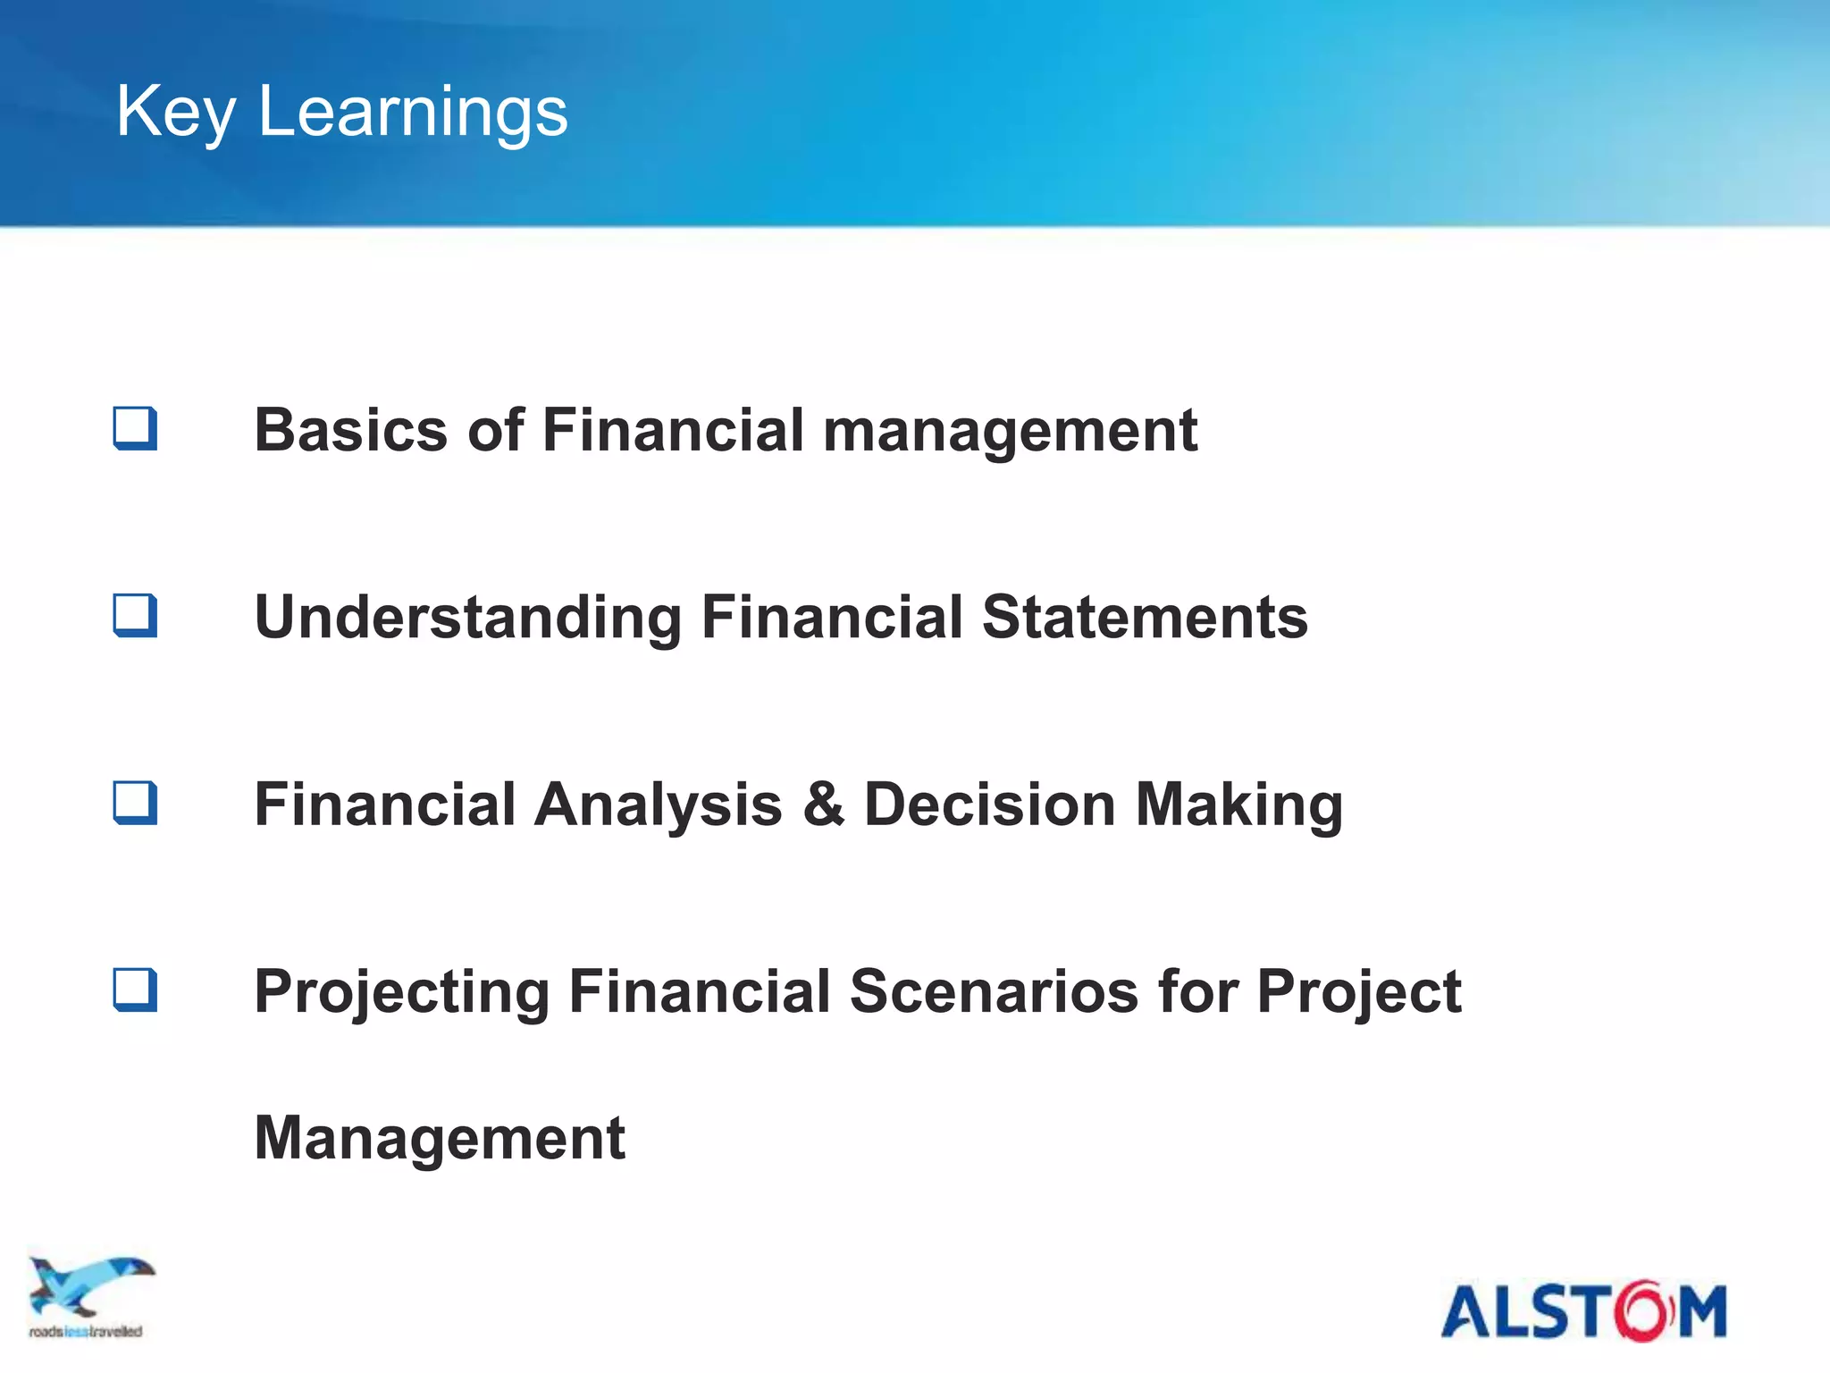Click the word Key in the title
click(x=175, y=112)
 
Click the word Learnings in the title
click(x=412, y=112)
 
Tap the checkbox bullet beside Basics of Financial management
click(x=135, y=428)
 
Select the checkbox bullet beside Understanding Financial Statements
click(x=135, y=615)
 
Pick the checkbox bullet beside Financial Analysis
click(x=135, y=803)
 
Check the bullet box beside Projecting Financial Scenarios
click(x=135, y=990)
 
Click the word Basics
click(x=350, y=430)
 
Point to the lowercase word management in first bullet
click(x=1010, y=432)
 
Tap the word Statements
click(x=1145, y=617)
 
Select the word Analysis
click(x=658, y=804)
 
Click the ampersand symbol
click(x=823, y=804)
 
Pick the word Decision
click(x=990, y=804)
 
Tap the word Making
click(x=1238, y=804)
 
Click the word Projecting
click(x=401, y=992)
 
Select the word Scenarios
click(x=994, y=992)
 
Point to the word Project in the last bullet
click(x=1358, y=992)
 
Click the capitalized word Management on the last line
click(x=440, y=1138)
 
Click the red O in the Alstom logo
click(x=1642, y=1311)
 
